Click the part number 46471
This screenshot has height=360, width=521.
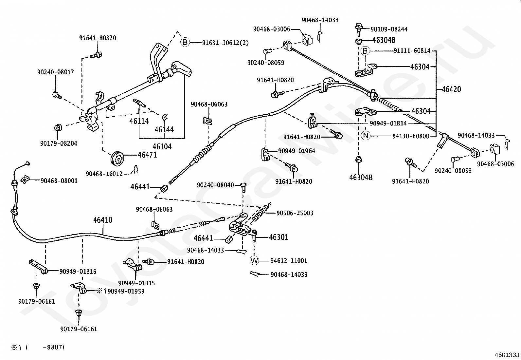147,155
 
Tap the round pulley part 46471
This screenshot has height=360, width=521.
117,159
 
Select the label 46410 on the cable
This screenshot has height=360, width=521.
103,220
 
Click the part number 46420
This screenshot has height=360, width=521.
451,89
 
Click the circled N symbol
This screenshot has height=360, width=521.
366,136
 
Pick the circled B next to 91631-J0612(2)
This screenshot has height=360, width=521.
185,42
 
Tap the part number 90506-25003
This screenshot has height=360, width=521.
295,213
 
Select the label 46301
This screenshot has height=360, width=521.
278,237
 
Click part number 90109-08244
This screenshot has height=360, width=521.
389,29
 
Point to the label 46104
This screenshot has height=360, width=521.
162,146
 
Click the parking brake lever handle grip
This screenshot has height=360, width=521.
182,68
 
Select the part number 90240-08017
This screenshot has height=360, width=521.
56,72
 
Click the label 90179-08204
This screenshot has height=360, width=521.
59,143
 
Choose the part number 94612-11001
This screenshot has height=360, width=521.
289,261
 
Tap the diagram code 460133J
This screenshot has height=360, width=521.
507,355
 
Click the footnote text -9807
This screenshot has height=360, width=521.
53,348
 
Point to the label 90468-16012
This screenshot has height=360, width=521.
104,174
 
